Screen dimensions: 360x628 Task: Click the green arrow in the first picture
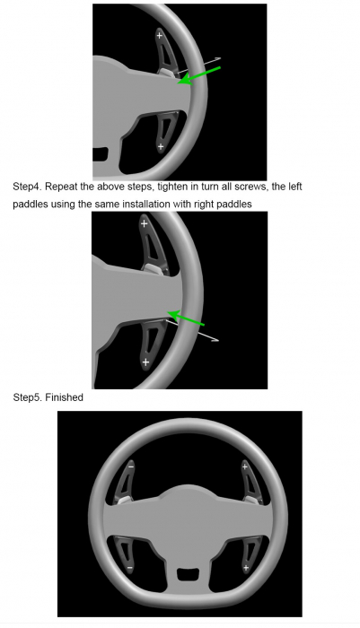click(x=198, y=75)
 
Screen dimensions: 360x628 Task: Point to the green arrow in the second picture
click(x=186, y=318)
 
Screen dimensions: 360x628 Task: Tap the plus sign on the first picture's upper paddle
click(x=159, y=36)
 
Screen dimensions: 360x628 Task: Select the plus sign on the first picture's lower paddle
click(x=161, y=146)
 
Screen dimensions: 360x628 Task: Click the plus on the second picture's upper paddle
click(x=144, y=223)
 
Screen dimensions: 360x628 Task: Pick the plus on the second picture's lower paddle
click(x=145, y=362)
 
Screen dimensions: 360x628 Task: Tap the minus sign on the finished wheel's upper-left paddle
click(x=131, y=467)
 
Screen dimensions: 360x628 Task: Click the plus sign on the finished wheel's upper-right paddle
click(x=244, y=467)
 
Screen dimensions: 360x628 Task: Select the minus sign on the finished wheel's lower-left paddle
click(x=129, y=568)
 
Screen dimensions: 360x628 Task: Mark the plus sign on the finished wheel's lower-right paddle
click(x=246, y=568)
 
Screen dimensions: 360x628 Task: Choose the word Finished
click(x=64, y=397)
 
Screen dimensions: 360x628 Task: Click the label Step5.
click(x=27, y=397)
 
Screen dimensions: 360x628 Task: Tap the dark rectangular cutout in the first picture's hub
click(x=101, y=154)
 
